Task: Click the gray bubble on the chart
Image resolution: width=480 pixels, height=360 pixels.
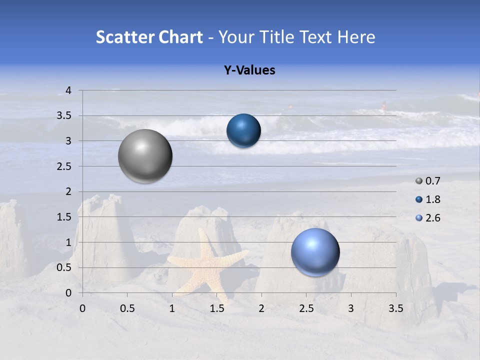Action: pyautogui.click(x=145, y=156)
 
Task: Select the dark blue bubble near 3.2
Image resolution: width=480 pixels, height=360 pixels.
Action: pyautogui.click(x=243, y=131)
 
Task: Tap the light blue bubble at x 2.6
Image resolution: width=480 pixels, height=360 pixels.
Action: pyautogui.click(x=315, y=252)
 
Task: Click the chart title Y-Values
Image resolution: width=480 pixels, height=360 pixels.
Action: pyautogui.click(x=249, y=70)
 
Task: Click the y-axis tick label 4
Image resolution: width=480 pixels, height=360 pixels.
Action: pyautogui.click(x=68, y=90)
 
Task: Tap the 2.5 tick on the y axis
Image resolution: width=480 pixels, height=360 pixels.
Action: pyautogui.click(x=64, y=166)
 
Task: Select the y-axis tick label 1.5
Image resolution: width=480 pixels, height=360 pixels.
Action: pyautogui.click(x=64, y=217)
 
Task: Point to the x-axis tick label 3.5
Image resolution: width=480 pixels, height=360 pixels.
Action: pyautogui.click(x=395, y=308)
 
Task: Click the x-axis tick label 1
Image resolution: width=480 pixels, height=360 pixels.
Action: pyautogui.click(x=172, y=308)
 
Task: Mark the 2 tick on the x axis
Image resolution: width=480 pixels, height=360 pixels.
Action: pyautogui.click(x=261, y=308)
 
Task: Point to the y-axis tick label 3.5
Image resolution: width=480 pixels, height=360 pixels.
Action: pyautogui.click(x=64, y=116)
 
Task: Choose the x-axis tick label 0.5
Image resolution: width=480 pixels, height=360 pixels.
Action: pyautogui.click(x=127, y=308)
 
